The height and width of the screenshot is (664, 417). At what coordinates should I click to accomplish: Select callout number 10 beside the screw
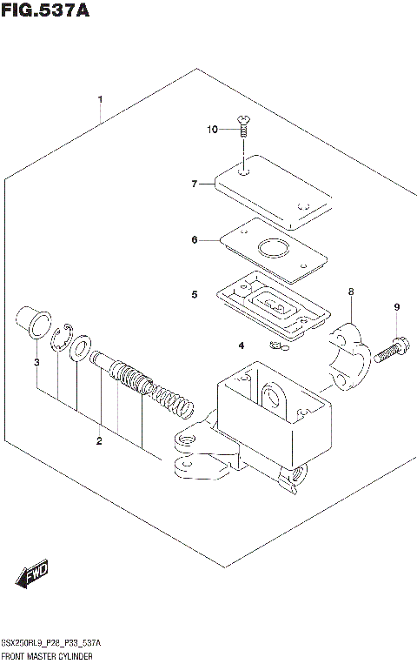(x=213, y=130)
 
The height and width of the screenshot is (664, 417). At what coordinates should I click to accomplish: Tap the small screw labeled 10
(x=244, y=128)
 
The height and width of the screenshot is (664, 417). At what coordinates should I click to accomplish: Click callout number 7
(x=195, y=184)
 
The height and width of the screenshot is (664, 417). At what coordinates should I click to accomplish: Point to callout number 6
(x=195, y=239)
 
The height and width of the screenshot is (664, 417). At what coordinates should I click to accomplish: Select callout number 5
(x=195, y=295)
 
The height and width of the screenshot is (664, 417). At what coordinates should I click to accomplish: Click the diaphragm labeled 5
(x=274, y=309)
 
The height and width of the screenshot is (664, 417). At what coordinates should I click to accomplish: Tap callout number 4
(x=241, y=346)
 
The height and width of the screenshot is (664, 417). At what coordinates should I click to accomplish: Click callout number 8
(x=351, y=292)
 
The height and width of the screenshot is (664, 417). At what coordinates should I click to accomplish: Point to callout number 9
(x=396, y=307)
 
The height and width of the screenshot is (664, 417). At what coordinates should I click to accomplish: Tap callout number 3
(x=36, y=362)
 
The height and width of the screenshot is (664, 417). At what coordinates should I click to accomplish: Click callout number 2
(x=99, y=441)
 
